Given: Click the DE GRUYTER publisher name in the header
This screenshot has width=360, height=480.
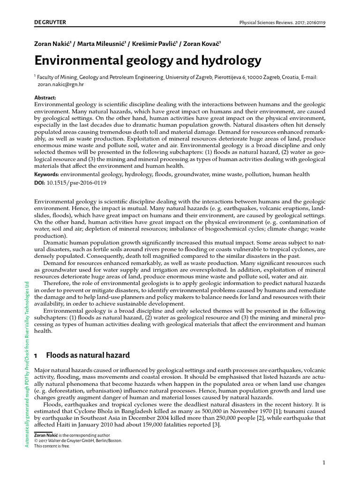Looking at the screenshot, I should pos(50,22).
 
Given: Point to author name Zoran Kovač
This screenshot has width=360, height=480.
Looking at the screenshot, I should pos(202,44).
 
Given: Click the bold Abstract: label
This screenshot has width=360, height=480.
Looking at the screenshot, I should pos(45,97).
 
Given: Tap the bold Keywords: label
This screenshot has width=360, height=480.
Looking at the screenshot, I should pos(47,174).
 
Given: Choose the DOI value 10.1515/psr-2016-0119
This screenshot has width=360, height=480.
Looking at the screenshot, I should pos(77,182).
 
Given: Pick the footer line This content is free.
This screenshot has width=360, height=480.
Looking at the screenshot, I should pos(52,446).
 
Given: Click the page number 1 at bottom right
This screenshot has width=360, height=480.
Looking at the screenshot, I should pos(323,463).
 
